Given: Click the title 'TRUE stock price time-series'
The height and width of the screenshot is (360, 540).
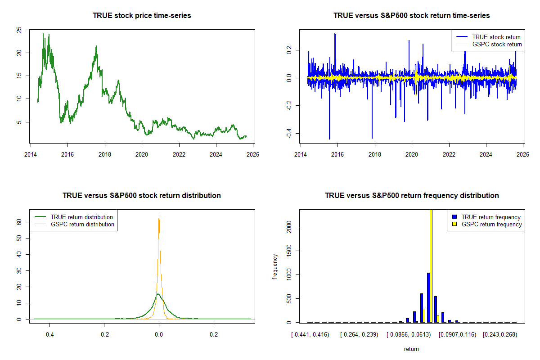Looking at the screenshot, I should click(x=142, y=16).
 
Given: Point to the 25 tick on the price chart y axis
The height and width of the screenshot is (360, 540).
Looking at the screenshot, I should click(x=19, y=30).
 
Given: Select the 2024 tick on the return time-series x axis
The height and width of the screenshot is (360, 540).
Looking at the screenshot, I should click(x=486, y=153).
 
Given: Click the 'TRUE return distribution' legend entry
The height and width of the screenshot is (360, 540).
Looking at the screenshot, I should click(x=82, y=217).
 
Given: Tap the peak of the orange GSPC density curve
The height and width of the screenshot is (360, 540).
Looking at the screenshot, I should click(x=159, y=217).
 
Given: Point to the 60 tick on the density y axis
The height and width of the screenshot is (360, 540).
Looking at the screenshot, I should click(x=19, y=222).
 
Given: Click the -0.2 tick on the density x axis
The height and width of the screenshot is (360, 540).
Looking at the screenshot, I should click(x=104, y=335).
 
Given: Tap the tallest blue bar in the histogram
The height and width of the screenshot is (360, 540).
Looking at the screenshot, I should click(x=428, y=297).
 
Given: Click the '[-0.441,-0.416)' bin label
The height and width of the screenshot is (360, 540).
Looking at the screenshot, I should click(x=310, y=335).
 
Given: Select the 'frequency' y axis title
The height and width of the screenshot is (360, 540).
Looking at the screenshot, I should click(x=275, y=266).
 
